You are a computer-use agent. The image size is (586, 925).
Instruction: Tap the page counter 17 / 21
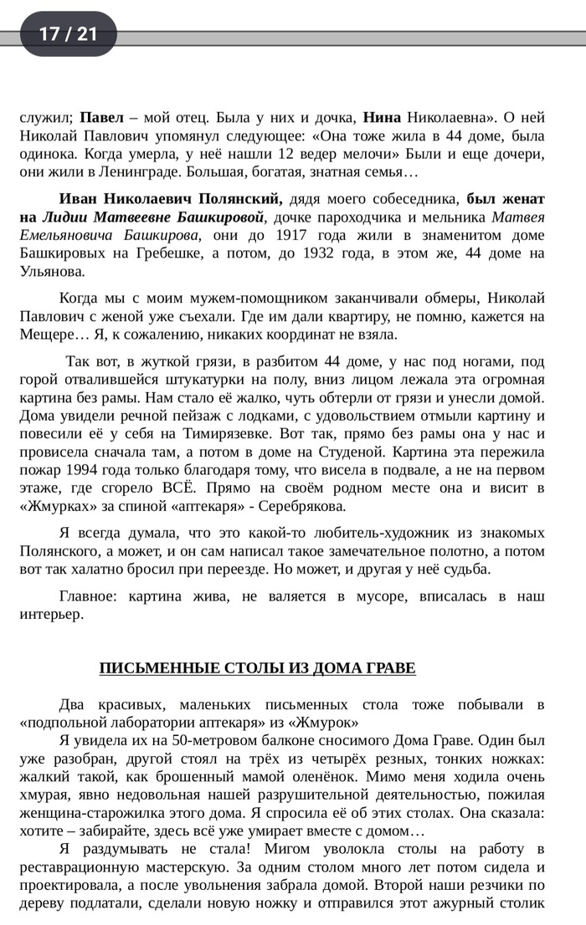pyautogui.click(x=68, y=33)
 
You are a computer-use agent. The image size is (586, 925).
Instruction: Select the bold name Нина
pyautogui.click(x=385, y=116)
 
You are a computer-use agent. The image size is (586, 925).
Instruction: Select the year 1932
pyautogui.click(x=340, y=253)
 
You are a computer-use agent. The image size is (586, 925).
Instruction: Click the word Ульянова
pyautogui.click(x=52, y=271)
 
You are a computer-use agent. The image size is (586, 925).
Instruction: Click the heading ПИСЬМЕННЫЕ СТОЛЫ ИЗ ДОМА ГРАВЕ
pyautogui.click(x=257, y=667)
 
